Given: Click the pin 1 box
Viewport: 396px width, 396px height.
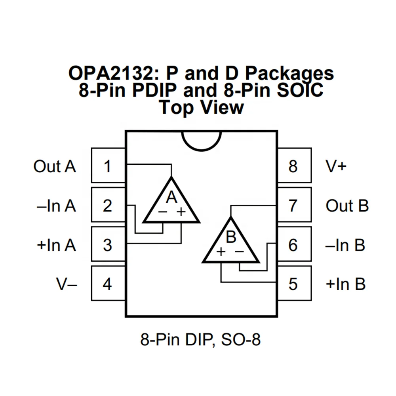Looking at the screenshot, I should tap(108, 166).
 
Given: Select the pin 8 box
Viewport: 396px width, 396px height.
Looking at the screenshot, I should tap(293, 166).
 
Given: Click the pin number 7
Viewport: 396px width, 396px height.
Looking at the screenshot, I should tap(293, 206).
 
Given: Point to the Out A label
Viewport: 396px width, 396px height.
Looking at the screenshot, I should tap(55, 166).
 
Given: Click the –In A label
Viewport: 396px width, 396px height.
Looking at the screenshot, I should tap(56, 206).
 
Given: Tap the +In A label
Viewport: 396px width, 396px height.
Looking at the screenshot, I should tap(56, 245).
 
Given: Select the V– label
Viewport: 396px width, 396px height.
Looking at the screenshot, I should tap(67, 284).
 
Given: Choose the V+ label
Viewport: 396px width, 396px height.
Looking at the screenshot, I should tap(336, 166).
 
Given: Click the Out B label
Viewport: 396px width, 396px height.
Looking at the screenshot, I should tap(347, 206).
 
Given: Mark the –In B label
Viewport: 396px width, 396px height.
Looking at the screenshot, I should tap(345, 245).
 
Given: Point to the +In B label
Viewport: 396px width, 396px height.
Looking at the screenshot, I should tap(345, 284).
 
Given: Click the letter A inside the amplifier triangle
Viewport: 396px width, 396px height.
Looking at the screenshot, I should tap(171, 197).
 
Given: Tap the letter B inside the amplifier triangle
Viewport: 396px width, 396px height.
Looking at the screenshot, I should tap(231, 237).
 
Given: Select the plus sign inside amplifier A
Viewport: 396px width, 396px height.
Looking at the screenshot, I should tap(181, 212).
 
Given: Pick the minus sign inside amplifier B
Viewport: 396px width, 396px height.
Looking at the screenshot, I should tap(239, 251).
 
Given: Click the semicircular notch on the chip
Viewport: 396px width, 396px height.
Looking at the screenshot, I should tap(201, 140).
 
